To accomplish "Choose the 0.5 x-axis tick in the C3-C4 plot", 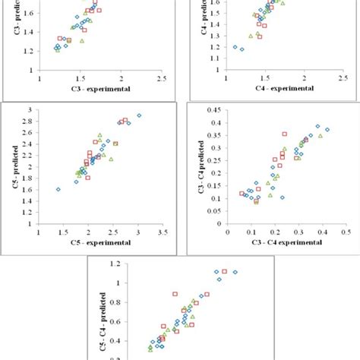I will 345,232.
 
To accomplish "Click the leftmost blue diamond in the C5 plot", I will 58,189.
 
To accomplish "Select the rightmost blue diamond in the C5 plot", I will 139,115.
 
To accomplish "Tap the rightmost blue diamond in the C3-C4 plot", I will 327,130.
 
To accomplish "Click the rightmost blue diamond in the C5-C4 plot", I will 235,272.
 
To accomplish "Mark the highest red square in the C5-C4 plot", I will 224,271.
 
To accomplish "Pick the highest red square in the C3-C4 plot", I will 285,134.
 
